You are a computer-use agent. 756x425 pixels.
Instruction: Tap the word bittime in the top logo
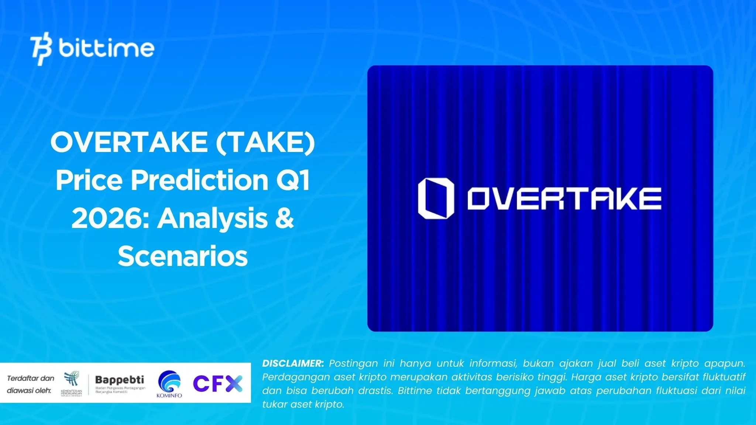[x=106, y=48]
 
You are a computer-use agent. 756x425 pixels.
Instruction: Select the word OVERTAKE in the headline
[x=129, y=142]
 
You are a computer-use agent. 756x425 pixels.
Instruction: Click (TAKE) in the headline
[x=265, y=142]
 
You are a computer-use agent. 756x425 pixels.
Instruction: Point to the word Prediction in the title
[x=200, y=180]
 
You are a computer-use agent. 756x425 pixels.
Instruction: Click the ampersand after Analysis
[x=284, y=218]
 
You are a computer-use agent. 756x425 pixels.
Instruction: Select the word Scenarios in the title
[x=183, y=256]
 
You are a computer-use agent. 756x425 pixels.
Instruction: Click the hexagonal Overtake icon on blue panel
[x=436, y=198]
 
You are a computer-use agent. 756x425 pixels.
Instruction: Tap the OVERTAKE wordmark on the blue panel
[x=564, y=199]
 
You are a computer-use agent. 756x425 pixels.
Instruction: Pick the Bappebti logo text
[x=120, y=380]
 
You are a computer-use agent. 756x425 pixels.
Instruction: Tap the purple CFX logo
[x=218, y=384]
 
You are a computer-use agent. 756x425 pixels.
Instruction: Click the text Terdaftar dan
[x=31, y=378]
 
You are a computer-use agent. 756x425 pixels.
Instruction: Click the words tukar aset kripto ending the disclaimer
[x=303, y=404]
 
